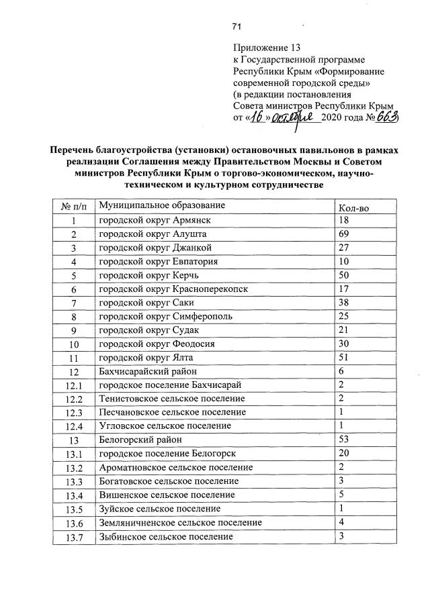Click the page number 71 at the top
pos(236,27)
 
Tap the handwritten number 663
pos(386,117)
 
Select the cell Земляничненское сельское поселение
pos(180,522)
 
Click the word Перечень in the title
pos(73,151)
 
